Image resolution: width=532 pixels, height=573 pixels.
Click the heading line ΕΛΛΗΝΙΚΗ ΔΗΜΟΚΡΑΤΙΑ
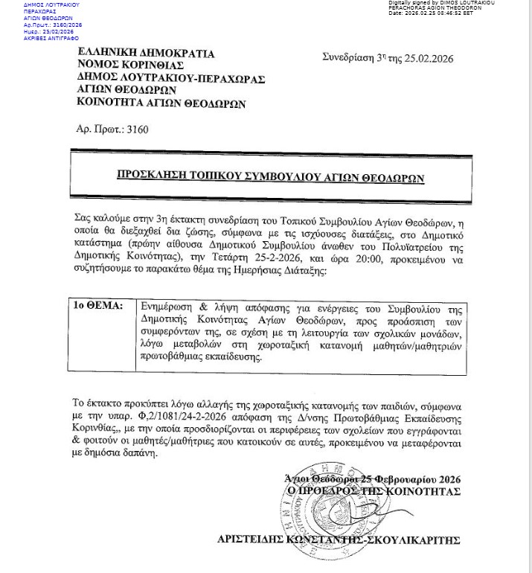pyautogui.click(x=146, y=54)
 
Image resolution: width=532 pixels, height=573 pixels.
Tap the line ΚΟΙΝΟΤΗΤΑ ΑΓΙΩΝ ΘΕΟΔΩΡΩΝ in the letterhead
pyautogui.click(x=161, y=103)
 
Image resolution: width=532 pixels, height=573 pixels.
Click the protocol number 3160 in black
pyautogui.click(x=138, y=129)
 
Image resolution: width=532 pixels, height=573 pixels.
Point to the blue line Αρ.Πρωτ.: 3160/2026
pyautogui.click(x=53, y=25)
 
